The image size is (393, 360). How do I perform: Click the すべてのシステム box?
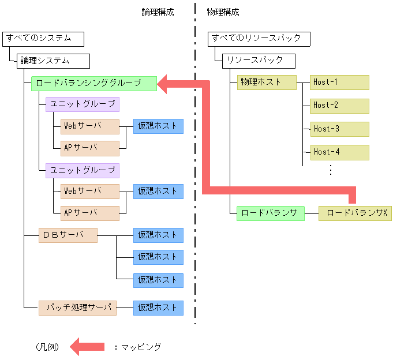click(43, 39)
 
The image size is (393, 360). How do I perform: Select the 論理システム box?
click(53, 61)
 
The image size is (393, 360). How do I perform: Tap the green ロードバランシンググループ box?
click(93, 83)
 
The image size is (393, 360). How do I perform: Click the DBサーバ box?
click(68, 235)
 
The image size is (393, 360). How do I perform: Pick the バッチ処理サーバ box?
click(77, 307)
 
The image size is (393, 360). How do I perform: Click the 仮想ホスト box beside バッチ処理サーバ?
click(158, 307)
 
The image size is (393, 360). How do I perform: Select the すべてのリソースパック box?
click(259, 39)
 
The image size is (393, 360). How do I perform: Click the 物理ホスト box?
click(266, 82)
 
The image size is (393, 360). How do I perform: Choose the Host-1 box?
click(339, 82)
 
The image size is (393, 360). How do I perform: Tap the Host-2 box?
click(339, 106)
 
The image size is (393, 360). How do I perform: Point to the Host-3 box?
click(339, 129)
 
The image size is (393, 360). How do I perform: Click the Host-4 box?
click(339, 152)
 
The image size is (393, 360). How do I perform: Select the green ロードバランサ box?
click(270, 213)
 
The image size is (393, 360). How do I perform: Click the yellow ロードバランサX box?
click(355, 213)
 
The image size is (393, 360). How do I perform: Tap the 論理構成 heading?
click(158, 12)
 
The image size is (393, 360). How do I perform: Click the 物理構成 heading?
click(223, 12)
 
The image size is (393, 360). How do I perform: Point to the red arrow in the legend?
click(87, 347)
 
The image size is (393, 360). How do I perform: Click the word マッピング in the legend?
click(141, 347)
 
